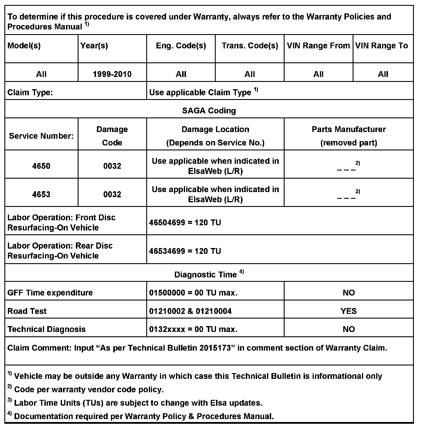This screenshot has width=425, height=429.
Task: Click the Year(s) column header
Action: pyautogui.click(x=94, y=46)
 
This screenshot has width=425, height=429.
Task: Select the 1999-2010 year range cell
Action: pyautogui.click(x=112, y=74)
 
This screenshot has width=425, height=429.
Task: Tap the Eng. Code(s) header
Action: pyautogui.click(x=181, y=46)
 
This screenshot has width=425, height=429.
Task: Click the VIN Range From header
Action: pyautogui.click(x=318, y=46)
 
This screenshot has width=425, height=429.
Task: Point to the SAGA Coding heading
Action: pyautogui.click(x=209, y=111)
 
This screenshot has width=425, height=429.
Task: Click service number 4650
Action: pyautogui.click(x=41, y=166)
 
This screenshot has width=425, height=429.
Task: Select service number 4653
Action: pyautogui.click(x=41, y=194)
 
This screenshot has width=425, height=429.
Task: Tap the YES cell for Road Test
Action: pyautogui.click(x=349, y=311)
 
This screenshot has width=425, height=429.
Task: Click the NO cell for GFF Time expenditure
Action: pyautogui.click(x=349, y=293)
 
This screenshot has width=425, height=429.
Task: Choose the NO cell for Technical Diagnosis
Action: pyautogui.click(x=349, y=329)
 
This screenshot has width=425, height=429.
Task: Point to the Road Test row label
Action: pyautogui.click(x=27, y=311)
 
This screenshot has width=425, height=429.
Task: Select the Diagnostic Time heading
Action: pyautogui.click(x=206, y=275)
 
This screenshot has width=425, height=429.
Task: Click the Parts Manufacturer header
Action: pyautogui.click(x=349, y=129)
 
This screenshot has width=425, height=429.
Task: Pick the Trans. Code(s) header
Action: pyautogui.click(x=250, y=46)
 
